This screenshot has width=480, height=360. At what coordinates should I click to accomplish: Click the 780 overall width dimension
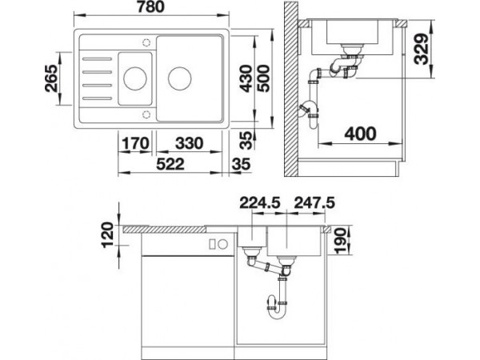150,6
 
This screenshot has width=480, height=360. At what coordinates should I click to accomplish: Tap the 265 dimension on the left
51,78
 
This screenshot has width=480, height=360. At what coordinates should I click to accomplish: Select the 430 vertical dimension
246,78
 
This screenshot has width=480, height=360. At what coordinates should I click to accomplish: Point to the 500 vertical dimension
263,78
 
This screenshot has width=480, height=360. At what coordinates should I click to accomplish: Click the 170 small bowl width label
135,143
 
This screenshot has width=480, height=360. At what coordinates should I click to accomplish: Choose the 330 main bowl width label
189,143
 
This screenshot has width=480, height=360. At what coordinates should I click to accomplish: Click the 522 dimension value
170,164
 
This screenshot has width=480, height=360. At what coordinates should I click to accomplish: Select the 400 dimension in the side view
360,134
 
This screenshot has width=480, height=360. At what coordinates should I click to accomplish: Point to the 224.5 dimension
260,202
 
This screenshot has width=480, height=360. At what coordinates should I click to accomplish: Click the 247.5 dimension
314,202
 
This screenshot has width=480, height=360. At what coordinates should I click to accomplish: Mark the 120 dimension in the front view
107,235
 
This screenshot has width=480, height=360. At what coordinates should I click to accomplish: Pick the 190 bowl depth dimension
341,241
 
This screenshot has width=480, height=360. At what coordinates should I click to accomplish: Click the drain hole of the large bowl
180,78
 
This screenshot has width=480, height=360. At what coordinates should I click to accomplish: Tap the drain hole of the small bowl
135,78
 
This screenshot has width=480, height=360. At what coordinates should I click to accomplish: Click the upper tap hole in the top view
146,42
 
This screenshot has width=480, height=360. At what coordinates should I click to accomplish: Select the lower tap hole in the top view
146,114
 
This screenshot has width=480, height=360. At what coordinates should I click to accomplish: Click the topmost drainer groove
97,58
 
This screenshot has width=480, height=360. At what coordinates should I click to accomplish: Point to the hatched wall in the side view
291,89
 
